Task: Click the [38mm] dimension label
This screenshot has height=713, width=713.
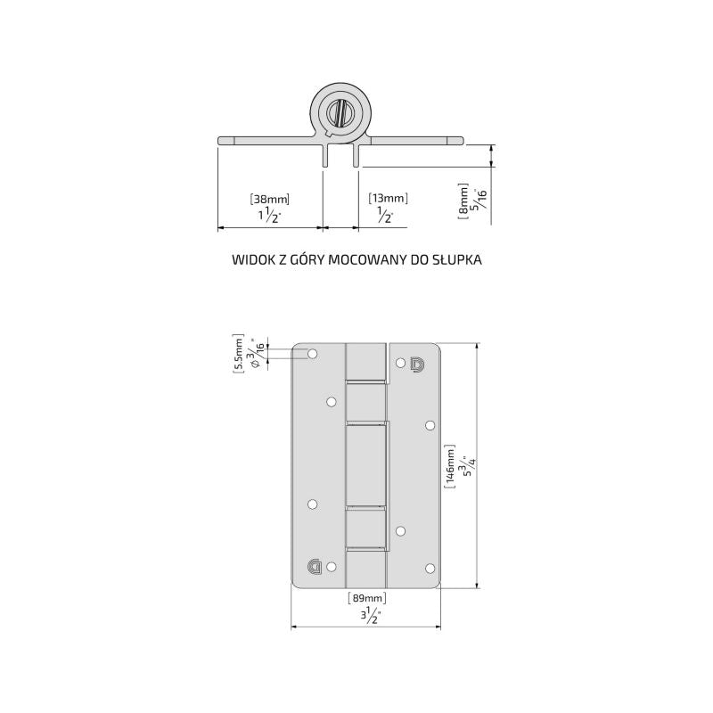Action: pos(270,199)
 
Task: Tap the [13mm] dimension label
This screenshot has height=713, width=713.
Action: pos(388,198)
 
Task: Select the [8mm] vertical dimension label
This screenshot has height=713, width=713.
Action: pos(463,201)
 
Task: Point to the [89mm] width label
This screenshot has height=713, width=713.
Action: pos(367,598)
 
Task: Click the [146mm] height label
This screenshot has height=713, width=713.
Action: pos(449,466)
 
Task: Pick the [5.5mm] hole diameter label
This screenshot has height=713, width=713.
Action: pos(238,354)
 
